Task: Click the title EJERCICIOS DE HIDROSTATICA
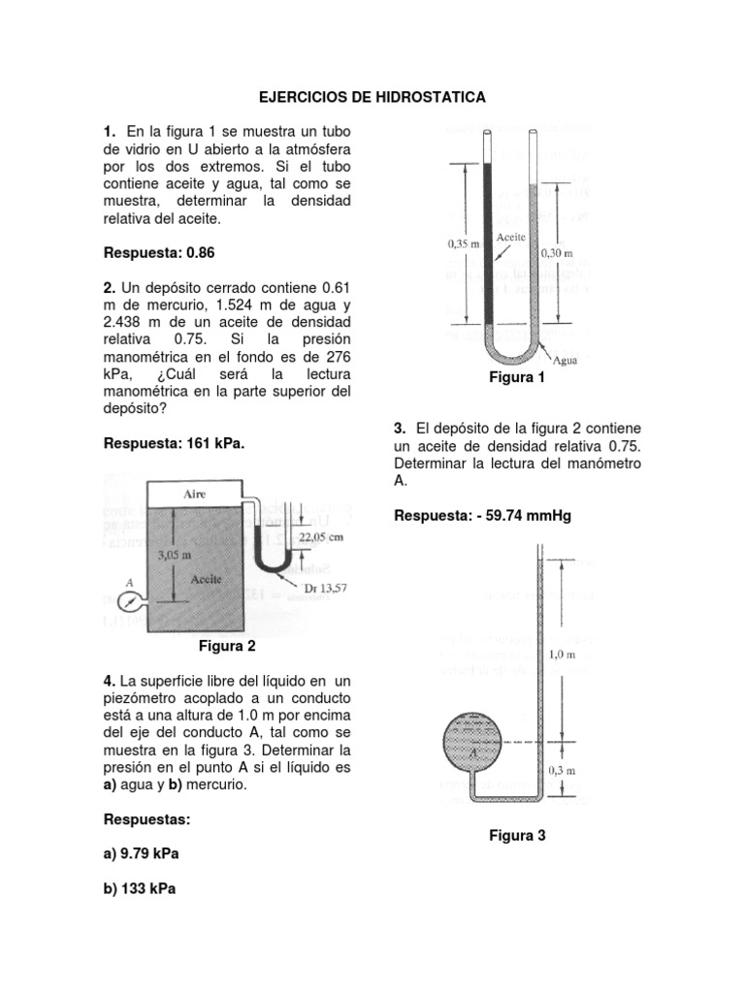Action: click(x=372, y=98)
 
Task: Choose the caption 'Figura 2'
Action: click(x=227, y=646)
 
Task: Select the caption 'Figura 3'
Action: click(x=517, y=835)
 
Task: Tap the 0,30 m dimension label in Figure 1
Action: click(x=556, y=252)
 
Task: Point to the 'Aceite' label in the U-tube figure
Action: click(x=510, y=236)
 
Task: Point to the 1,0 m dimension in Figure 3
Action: click(x=562, y=655)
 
